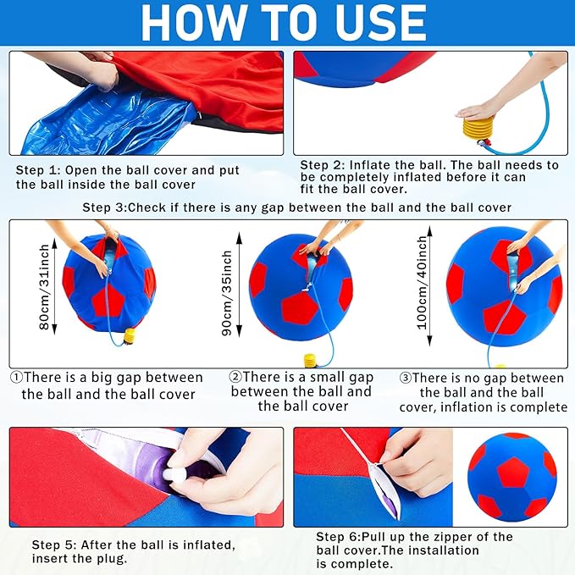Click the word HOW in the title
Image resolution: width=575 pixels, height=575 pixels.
[x=194, y=23]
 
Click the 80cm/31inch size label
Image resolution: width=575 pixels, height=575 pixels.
[x=44, y=287]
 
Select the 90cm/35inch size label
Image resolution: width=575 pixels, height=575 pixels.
[x=227, y=293]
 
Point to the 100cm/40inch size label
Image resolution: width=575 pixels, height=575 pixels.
[x=423, y=282]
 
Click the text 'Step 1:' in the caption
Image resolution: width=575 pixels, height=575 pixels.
[x=38, y=170]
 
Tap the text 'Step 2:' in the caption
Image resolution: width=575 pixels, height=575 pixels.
[x=323, y=165]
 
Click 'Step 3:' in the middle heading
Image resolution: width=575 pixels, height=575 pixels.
[x=104, y=207]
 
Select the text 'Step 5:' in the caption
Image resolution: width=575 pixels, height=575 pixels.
[x=54, y=545]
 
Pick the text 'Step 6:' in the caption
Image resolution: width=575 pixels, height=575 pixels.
[x=339, y=537]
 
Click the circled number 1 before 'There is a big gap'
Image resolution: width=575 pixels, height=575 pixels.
[x=16, y=377]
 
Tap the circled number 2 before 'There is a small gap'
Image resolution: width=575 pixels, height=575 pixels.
[x=235, y=377]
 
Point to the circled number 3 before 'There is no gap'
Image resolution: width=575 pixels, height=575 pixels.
[x=406, y=378]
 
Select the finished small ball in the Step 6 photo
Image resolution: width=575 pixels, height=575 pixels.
[x=512, y=477]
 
